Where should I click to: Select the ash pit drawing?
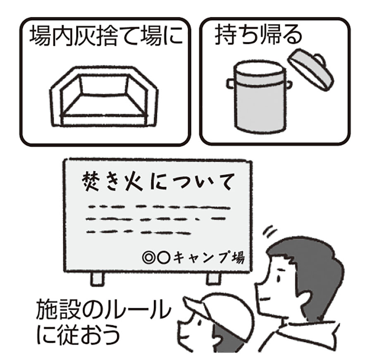click(104, 96)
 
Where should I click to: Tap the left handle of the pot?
click(231, 83)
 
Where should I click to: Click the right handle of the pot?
click(289, 84)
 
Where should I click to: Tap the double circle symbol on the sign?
click(148, 258)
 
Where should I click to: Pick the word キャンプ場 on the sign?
click(208, 257)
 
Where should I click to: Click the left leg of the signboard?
click(97, 278)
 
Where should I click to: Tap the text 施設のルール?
click(103, 309)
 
